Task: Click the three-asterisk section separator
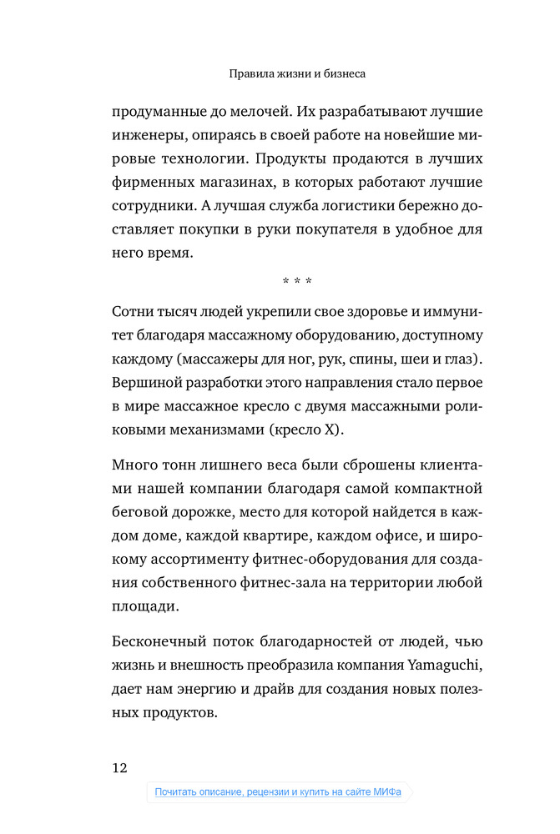point(298,281)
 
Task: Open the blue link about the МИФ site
point(278,792)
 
